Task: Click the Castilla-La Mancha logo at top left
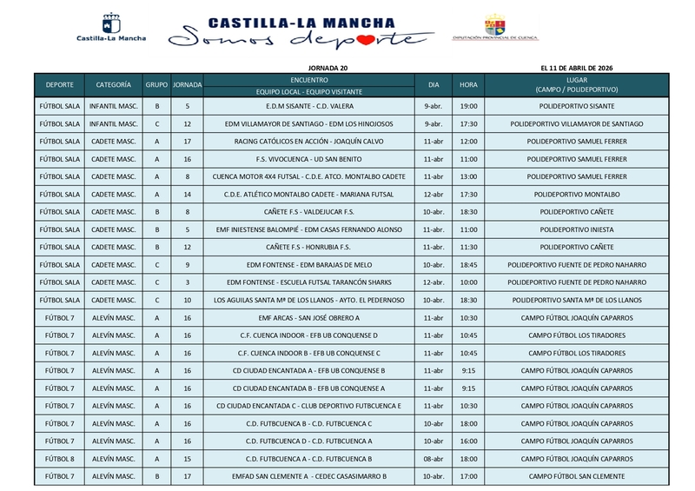[x=112, y=28]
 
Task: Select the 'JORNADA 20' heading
[x=328, y=68]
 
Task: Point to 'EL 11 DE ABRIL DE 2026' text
[x=578, y=68]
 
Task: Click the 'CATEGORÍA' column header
[x=114, y=84]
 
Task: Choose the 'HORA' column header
[x=469, y=84]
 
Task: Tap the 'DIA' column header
[x=434, y=84]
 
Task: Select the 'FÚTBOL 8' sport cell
[x=59, y=458]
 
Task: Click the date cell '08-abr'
[x=434, y=458]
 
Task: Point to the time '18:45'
[x=469, y=265]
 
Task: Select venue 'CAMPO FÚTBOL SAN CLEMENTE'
[x=577, y=476]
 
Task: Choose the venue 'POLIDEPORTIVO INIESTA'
[x=577, y=229]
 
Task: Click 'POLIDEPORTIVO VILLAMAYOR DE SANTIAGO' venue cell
[x=577, y=124]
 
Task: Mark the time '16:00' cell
[x=469, y=441]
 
